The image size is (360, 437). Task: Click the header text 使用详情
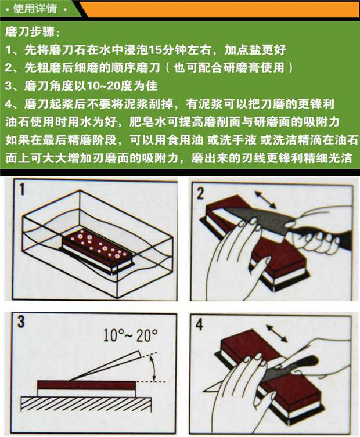(35, 8)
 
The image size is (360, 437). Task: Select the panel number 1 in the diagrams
(21, 190)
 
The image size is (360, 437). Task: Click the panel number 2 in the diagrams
(200, 193)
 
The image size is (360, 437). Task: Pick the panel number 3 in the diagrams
(21, 322)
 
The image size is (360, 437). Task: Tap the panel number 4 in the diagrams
(199, 324)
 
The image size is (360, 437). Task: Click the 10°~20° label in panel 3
(131, 335)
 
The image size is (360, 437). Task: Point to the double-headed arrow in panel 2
(265, 199)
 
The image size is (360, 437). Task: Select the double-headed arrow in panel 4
(276, 333)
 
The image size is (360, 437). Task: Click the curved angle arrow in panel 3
(152, 368)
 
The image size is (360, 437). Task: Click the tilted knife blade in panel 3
(106, 366)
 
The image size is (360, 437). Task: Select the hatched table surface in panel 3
(87, 404)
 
